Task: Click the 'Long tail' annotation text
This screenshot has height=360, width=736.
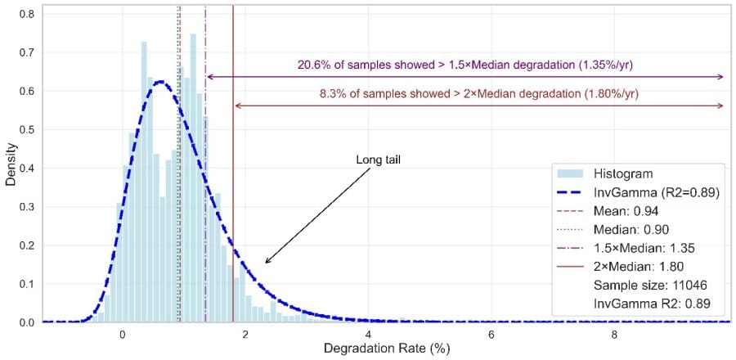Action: [378, 159]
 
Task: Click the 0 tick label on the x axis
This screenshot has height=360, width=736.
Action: [122, 334]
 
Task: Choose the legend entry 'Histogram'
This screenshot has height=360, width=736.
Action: [622, 173]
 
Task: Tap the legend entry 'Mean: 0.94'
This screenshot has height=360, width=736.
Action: [628, 211]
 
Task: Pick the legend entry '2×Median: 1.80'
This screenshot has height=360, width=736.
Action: [639, 266]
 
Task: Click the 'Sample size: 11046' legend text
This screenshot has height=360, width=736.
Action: [650, 285]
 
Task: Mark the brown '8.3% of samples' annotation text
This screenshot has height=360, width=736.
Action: [478, 93]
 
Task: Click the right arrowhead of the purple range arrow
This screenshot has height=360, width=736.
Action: [721, 77]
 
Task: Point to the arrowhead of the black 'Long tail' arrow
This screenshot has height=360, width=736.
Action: [267, 262]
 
